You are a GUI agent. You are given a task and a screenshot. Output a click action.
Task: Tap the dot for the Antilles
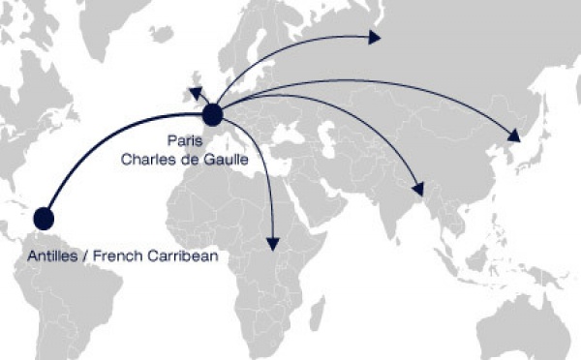44,219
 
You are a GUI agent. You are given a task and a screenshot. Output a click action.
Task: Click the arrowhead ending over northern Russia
376,38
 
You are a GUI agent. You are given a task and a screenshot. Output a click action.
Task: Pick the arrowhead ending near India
418,190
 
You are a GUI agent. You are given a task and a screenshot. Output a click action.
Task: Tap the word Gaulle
225,162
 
